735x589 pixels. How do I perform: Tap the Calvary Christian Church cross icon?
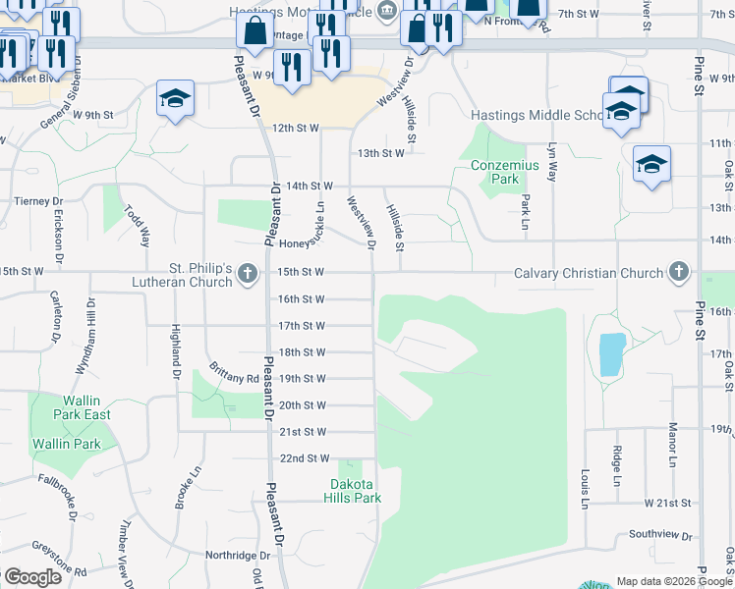678,272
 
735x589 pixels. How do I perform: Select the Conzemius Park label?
504,173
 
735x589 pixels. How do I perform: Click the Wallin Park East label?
71,407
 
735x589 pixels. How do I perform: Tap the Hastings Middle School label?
536,115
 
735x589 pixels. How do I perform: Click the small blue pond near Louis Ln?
610,354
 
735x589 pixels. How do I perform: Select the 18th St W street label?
302,352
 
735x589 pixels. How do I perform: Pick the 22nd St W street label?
304,458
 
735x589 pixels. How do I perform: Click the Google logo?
32,577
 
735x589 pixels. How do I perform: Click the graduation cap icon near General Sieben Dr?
176,98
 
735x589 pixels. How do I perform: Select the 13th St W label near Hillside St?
380,153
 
